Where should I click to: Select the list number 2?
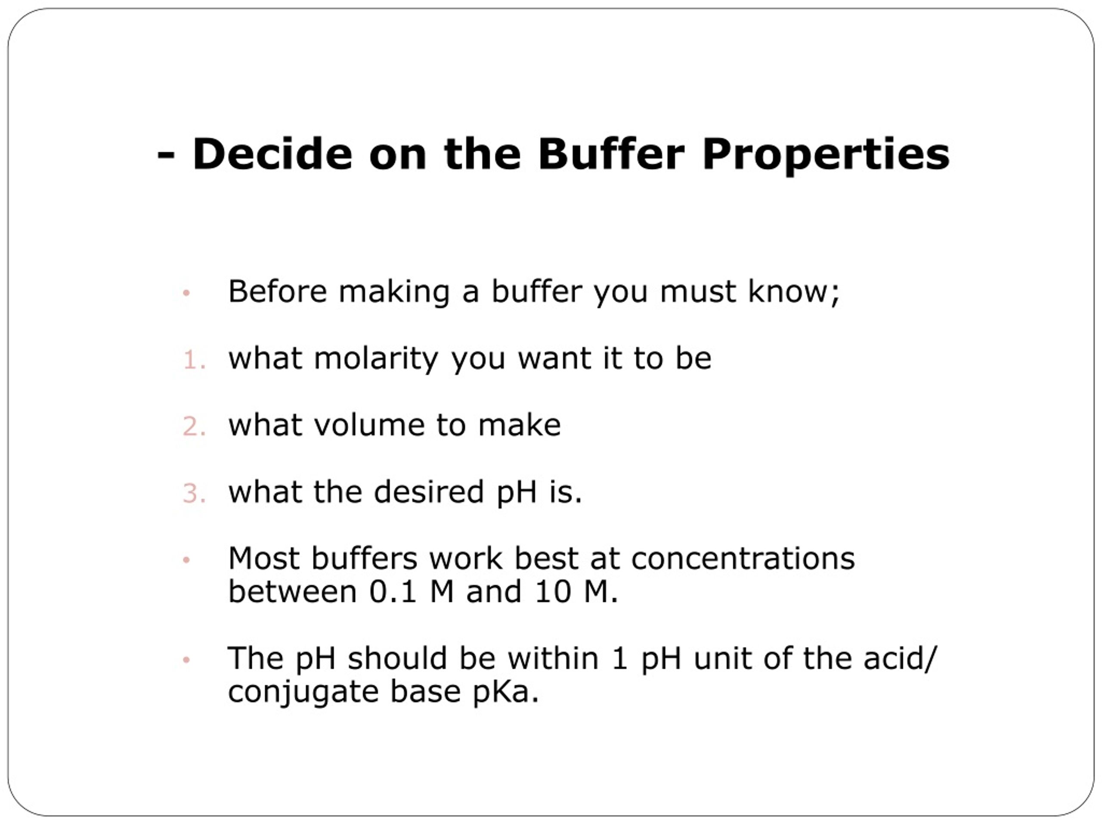coord(194,427)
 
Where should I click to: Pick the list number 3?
coord(194,494)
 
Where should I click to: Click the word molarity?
coord(376,359)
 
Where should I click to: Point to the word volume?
coord(368,425)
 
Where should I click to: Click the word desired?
coord(428,492)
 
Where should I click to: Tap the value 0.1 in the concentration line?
coord(393,592)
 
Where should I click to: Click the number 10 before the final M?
coord(552,592)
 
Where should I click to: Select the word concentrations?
coord(743,558)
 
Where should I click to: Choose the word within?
coord(553,659)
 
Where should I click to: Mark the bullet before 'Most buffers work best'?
coord(186,560)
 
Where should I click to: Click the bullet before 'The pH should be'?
coord(186,660)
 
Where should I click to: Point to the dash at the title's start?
coord(166,155)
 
